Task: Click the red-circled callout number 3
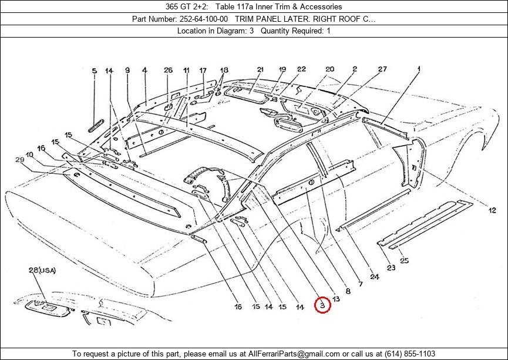pyautogui.click(x=322, y=305)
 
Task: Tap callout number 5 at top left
pyautogui.click(x=95, y=71)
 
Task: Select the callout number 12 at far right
pyautogui.click(x=492, y=210)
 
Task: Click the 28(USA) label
pyautogui.click(x=42, y=270)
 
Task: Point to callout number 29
pyautogui.click(x=20, y=159)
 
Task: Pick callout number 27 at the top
pyautogui.click(x=383, y=69)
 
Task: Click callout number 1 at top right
pyautogui.click(x=419, y=69)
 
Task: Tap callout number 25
pyautogui.click(x=404, y=260)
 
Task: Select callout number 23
pyautogui.click(x=391, y=268)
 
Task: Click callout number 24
pyautogui.click(x=375, y=277)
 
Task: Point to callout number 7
pyautogui.click(x=360, y=284)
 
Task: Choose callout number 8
pyautogui.click(x=348, y=291)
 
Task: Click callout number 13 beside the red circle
pyautogui.click(x=336, y=299)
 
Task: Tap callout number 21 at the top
pyautogui.click(x=261, y=69)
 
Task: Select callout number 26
pyautogui.click(x=168, y=70)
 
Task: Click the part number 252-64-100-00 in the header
pyautogui.click(x=203, y=19)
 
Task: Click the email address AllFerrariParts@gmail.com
pyautogui.click(x=294, y=354)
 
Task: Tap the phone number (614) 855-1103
pyautogui.click(x=410, y=354)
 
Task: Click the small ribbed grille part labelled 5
pyautogui.click(x=96, y=126)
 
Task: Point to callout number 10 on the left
pyautogui.click(x=29, y=154)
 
